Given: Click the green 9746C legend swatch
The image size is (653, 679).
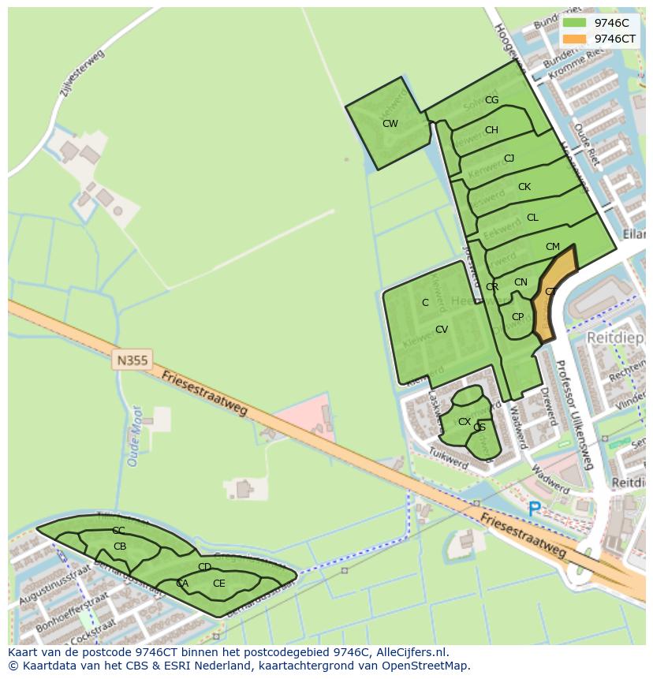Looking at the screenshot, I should coord(575,23).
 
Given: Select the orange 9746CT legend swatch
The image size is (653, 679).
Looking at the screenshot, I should coord(575,39).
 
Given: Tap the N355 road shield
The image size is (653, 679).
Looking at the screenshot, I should coord(132,360).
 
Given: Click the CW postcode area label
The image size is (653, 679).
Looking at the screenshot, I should coord(390,124).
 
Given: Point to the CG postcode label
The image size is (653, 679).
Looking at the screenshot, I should coord(491,100).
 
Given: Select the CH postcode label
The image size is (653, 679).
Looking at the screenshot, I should coord(491,130).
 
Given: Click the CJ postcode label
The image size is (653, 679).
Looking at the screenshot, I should coord(509,159).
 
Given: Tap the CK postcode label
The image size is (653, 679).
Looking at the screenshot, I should coord(524,187).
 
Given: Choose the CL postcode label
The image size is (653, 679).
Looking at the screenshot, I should coord(532,218).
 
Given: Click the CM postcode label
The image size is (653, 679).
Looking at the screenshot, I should coord(552,247).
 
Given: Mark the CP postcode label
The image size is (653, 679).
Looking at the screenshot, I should coord(517,317).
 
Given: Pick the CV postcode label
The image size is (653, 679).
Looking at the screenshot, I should coord(442,330).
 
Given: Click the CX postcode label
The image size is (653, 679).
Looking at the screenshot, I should coord(465,422).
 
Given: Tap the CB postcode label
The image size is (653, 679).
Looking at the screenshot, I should coord(120,547).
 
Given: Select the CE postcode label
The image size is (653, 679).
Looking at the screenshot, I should coord(218,584).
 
